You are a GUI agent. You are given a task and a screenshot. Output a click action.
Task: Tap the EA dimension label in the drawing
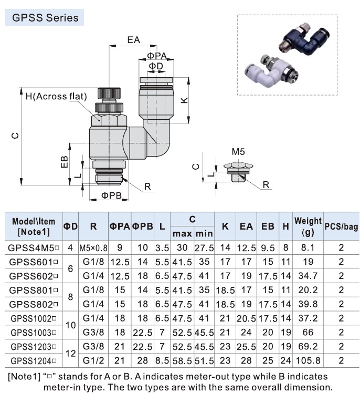coord(133,39)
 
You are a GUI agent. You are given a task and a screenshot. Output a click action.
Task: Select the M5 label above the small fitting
coord(238,151)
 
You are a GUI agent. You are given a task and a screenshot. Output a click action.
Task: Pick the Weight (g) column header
coord(308,226)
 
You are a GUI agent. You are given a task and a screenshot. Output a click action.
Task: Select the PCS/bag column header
coord(341,226)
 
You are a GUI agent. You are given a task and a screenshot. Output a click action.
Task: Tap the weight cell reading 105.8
coord(308,361)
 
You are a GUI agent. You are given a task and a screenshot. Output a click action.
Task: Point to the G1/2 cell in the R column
coord(93,361)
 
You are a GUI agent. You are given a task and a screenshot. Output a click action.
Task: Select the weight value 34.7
coord(308,276)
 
